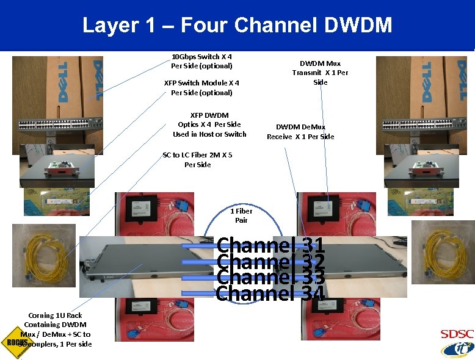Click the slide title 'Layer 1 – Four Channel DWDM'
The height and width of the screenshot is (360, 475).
(x=237, y=25)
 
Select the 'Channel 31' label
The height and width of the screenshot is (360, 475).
(x=270, y=245)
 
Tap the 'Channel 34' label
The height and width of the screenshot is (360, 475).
(x=270, y=293)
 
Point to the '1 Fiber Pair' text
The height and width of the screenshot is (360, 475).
(x=241, y=215)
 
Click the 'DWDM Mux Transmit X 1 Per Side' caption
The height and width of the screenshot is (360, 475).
(x=321, y=73)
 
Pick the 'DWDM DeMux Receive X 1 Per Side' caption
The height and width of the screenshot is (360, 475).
(x=300, y=132)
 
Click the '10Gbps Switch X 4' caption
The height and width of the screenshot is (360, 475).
(x=201, y=61)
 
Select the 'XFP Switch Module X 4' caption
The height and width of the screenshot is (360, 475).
(x=201, y=87)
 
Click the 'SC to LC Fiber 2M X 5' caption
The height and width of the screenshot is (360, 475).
(x=197, y=160)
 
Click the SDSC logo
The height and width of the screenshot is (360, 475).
(x=457, y=342)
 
